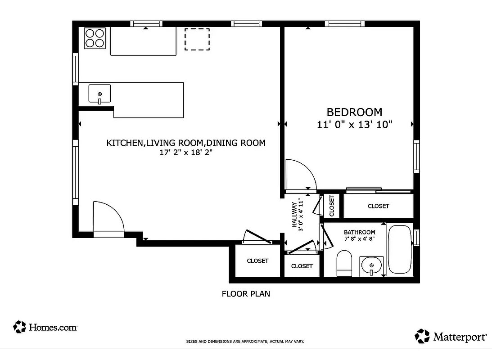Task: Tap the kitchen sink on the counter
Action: click(x=100, y=94)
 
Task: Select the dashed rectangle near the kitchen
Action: click(x=197, y=39)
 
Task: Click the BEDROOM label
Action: click(x=354, y=112)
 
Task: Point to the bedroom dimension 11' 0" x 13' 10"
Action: click(x=355, y=125)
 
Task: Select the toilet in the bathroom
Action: click(x=344, y=264)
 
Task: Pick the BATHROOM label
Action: click(x=359, y=232)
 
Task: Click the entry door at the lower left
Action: click(x=108, y=218)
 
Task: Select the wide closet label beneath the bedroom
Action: click(x=378, y=206)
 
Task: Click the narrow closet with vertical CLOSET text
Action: click(x=332, y=206)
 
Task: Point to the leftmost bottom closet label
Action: click(x=257, y=261)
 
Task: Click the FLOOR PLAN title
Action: click(x=246, y=294)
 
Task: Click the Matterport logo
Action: click(x=451, y=336)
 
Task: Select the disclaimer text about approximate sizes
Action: click(x=245, y=342)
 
